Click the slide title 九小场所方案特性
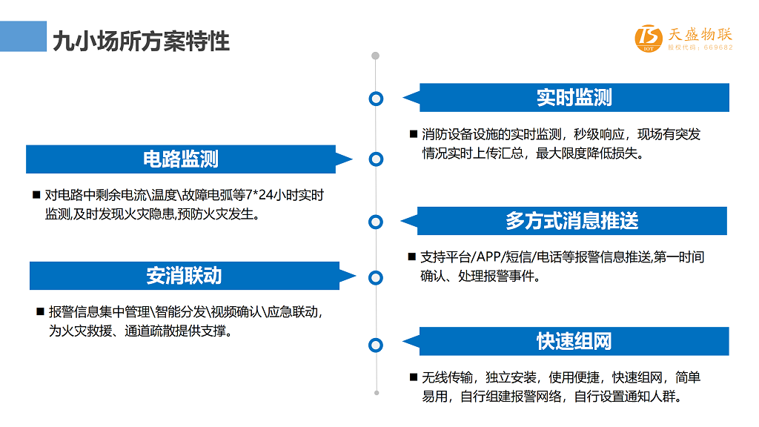pos(141,42)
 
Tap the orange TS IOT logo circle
pos(649,38)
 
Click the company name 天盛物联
pos(700,34)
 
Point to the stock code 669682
pos(718,47)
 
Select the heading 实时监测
pos(574,97)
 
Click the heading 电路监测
pos(181,159)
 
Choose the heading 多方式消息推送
pos(572,221)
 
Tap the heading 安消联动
pos(184,276)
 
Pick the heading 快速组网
pos(574,341)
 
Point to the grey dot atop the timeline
pos(375,56)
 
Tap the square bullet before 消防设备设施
pos(414,134)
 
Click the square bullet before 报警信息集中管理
pos(41,311)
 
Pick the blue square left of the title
pos(23,36)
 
